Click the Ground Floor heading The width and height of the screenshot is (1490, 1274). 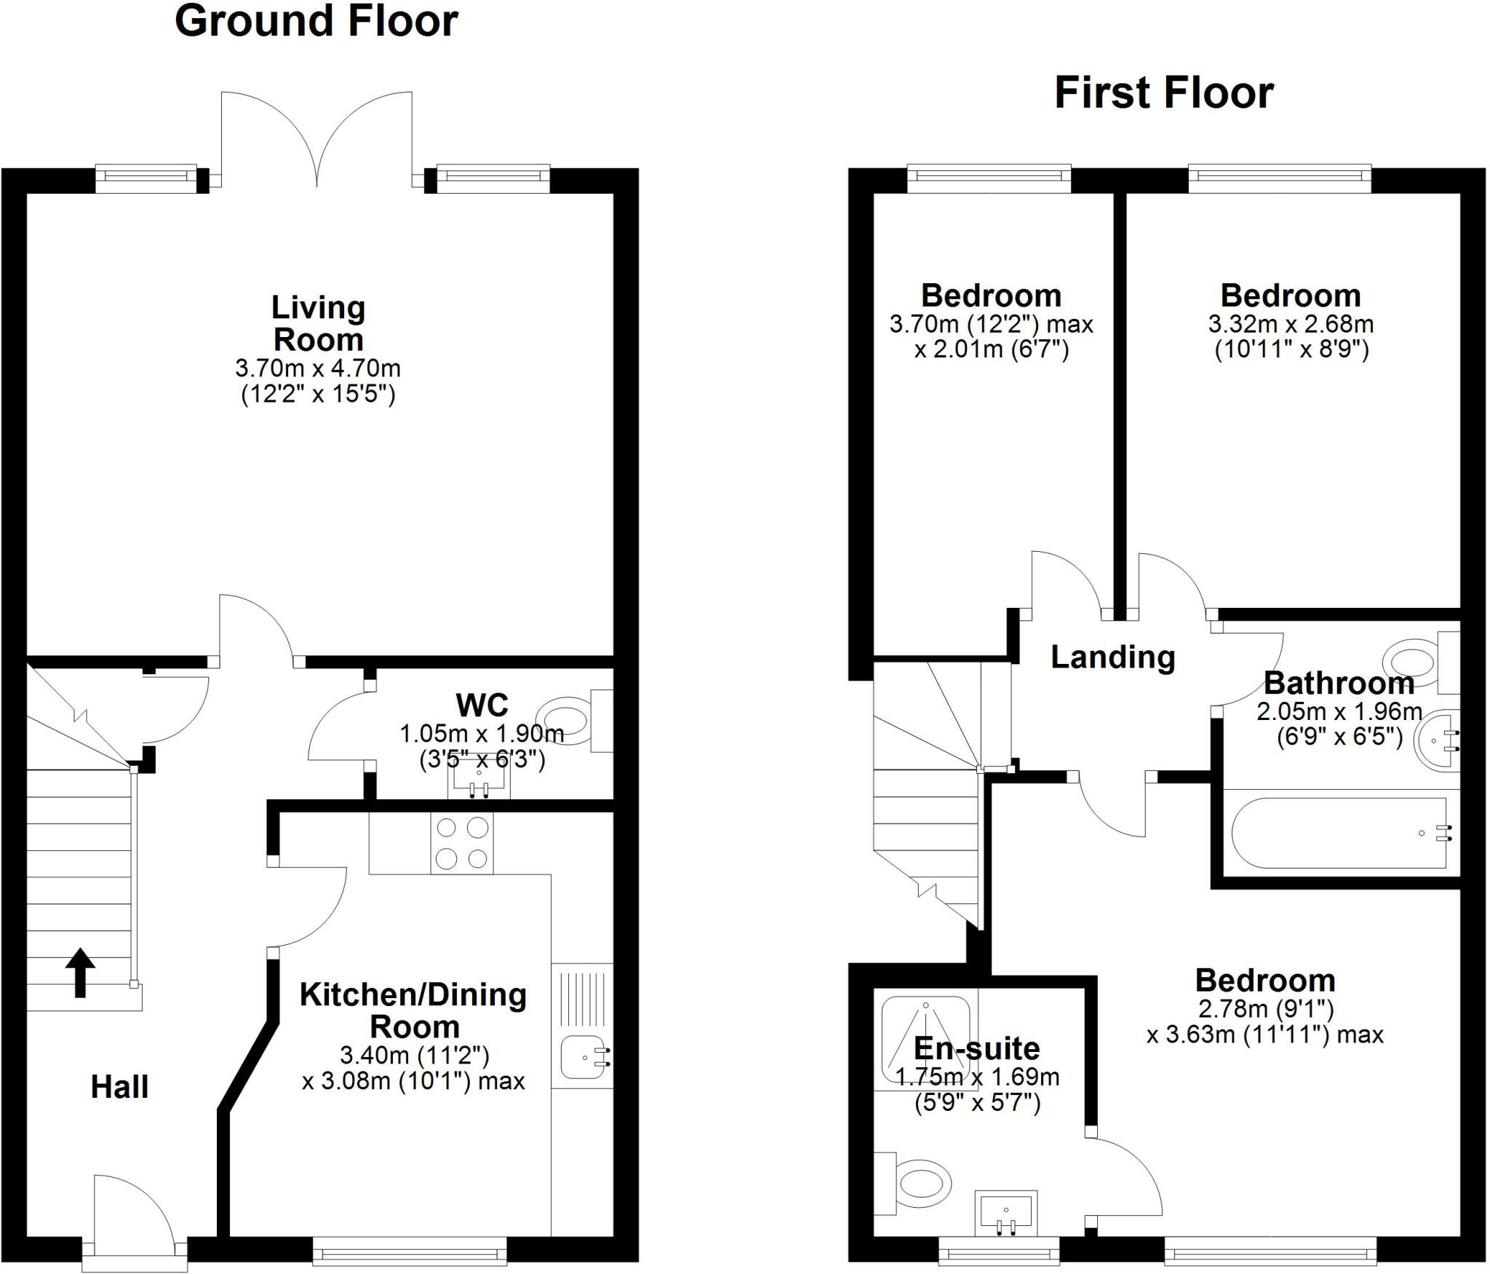click(316, 21)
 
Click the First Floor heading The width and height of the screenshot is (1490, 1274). click(1163, 94)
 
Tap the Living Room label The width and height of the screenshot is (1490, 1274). click(318, 323)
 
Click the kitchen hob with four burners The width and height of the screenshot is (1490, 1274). click(462, 843)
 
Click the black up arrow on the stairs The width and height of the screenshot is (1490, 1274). click(81, 972)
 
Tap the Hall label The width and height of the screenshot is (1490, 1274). click(120, 1087)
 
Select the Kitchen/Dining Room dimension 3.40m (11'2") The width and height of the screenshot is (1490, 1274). click(414, 1054)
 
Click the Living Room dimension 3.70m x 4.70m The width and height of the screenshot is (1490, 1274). click(318, 368)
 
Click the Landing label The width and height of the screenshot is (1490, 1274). click(1112, 657)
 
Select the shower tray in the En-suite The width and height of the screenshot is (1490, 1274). click(925, 1040)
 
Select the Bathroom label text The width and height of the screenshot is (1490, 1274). click(1339, 684)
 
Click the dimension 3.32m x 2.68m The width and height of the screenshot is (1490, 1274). click(1291, 323)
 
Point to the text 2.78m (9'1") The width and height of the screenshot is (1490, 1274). click(1265, 1009)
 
